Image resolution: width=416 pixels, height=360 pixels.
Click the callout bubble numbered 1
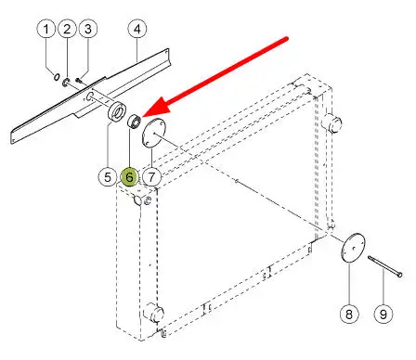pyautogui.click(x=46, y=29)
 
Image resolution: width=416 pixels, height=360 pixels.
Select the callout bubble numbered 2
pyautogui.click(x=67, y=29)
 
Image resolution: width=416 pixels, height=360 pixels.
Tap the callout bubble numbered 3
pyautogui.click(x=88, y=29)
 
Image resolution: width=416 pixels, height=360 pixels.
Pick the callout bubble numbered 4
pyautogui.click(x=137, y=29)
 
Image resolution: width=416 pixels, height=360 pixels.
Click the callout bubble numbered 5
pyautogui.click(x=108, y=177)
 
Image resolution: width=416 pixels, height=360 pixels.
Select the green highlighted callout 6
pyautogui.click(x=129, y=177)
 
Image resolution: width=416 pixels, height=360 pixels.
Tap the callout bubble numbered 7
pyautogui.click(x=151, y=177)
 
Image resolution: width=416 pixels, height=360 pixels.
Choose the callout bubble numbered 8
pyautogui.click(x=349, y=315)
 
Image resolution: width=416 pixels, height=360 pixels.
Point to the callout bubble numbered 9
pyautogui.click(x=383, y=315)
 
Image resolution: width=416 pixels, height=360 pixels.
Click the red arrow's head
pyautogui.click(x=156, y=107)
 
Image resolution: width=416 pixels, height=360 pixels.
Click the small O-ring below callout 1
pyautogui.click(x=57, y=76)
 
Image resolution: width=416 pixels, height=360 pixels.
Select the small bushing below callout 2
pyautogui.click(x=66, y=83)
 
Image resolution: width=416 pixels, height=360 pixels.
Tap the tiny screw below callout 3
pyautogui.click(x=79, y=81)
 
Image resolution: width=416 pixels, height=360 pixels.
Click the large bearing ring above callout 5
pyautogui.click(x=117, y=111)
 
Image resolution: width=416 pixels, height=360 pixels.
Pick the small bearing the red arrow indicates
pyautogui.click(x=135, y=121)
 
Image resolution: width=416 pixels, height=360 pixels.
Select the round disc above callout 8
pyautogui.click(x=353, y=248)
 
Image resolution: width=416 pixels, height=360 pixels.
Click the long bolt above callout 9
pyautogui.click(x=384, y=265)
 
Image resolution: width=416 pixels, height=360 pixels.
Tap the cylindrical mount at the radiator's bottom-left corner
pyautogui.click(x=153, y=313)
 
